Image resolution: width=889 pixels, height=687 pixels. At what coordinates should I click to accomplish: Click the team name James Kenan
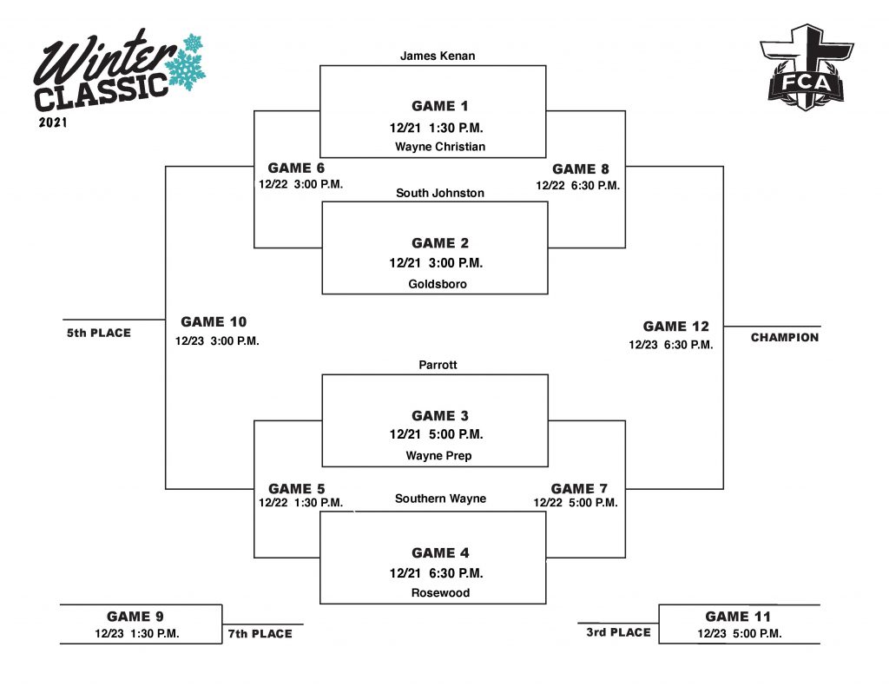point(438,56)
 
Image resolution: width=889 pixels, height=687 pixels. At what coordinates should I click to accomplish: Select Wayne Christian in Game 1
point(440,147)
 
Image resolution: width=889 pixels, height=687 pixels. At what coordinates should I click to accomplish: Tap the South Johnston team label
point(440,193)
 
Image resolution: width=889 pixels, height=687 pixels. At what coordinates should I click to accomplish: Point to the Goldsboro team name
point(438,284)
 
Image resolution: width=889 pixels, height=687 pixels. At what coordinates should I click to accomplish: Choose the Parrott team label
point(438,366)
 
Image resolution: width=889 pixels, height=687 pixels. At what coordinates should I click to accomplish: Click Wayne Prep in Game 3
point(438,456)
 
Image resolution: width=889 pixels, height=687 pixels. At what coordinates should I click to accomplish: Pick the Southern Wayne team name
point(440,499)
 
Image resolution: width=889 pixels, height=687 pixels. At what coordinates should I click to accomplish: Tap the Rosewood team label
point(440,593)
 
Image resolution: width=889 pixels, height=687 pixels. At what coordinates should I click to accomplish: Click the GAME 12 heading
point(676,327)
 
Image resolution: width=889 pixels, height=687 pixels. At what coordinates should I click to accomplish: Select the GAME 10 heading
point(214,322)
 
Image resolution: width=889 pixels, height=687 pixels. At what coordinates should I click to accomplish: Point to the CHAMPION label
point(785,338)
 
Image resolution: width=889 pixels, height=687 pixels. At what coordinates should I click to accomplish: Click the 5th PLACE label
point(99,333)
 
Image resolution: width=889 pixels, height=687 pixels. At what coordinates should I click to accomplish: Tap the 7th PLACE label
point(260,634)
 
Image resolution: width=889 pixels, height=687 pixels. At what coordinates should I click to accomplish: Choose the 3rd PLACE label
point(618,632)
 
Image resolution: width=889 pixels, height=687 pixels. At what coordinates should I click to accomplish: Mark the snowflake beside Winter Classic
point(186,61)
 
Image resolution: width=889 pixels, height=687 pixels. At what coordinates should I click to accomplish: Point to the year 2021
point(53,122)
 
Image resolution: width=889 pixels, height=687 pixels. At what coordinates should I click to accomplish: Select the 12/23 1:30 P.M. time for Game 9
point(137,634)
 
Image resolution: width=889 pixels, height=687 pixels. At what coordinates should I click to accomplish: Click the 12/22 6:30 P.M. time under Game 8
point(578,186)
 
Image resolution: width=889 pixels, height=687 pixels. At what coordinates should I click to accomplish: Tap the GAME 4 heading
point(440,553)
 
